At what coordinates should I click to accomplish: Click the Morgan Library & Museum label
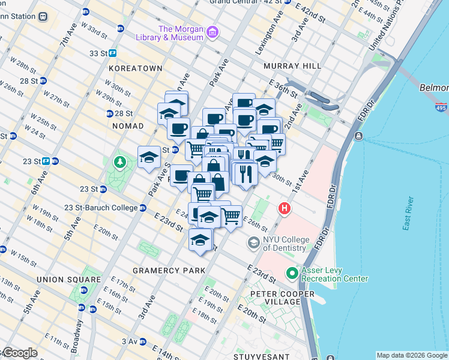(x=181, y=33)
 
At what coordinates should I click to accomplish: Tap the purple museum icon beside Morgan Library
(x=212, y=32)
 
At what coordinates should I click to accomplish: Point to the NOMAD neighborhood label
(x=128, y=126)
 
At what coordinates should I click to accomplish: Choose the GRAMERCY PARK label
(x=169, y=271)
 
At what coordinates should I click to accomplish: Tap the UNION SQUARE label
(x=68, y=280)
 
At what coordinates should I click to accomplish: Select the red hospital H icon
(x=284, y=209)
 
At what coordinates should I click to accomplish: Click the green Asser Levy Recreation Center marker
(x=292, y=274)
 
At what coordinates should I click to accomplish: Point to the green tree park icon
(x=120, y=162)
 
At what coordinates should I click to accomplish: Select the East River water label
(x=409, y=213)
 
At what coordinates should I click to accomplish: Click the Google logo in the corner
(x=19, y=353)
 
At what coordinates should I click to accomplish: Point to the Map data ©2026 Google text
(x=412, y=355)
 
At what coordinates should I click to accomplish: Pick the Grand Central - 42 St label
(x=244, y=2)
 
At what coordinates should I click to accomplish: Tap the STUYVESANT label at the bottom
(x=263, y=356)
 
